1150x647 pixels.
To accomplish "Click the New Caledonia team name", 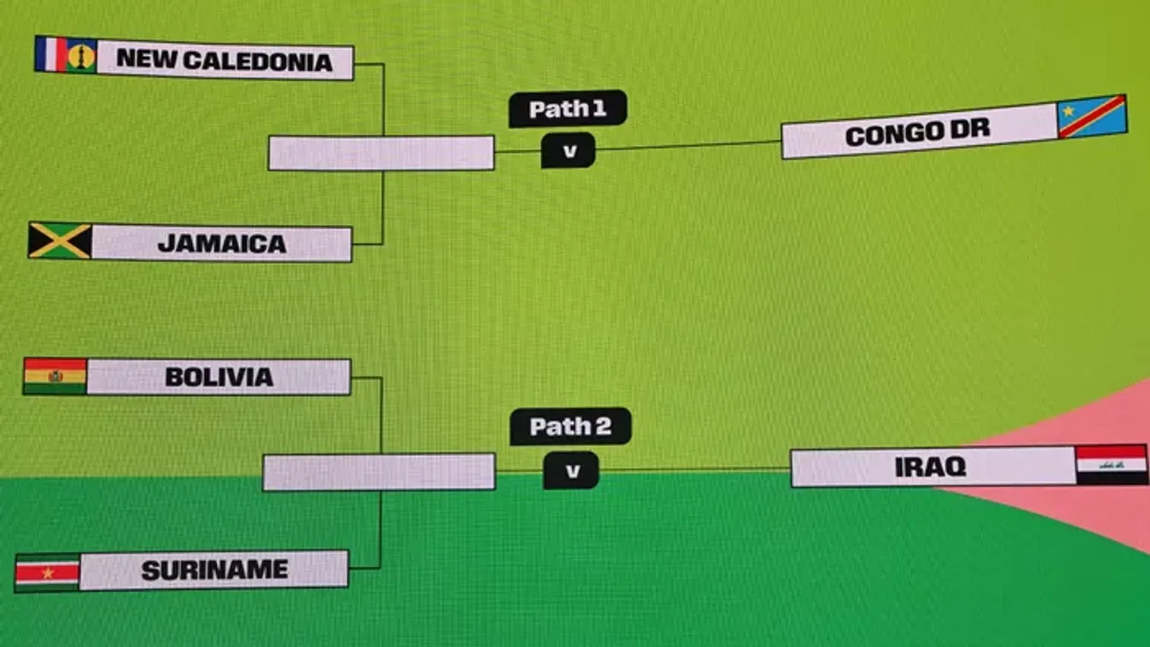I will click(224, 61).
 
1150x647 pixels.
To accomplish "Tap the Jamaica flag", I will click(60, 241).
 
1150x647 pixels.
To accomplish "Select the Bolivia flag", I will click(55, 376).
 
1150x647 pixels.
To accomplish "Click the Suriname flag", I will click(47, 573).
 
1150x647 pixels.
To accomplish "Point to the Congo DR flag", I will click(1092, 117).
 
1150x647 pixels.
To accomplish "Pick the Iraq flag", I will click(1111, 465).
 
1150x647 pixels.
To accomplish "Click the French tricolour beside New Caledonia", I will click(50, 55).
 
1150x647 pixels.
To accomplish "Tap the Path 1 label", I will click(568, 109).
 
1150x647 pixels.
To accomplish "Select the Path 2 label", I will click(570, 427).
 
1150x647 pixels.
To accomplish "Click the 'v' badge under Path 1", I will click(569, 151).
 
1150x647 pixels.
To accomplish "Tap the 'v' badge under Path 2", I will click(571, 470).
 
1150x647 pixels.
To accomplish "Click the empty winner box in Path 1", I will click(381, 154).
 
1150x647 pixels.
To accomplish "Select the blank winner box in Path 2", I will click(378, 472).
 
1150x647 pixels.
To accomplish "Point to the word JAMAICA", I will click(222, 244).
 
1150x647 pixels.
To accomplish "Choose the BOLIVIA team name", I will click(219, 377).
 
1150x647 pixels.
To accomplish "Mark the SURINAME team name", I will click(214, 570).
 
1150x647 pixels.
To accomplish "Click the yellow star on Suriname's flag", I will click(47, 573).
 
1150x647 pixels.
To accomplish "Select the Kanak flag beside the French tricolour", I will click(82, 56).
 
